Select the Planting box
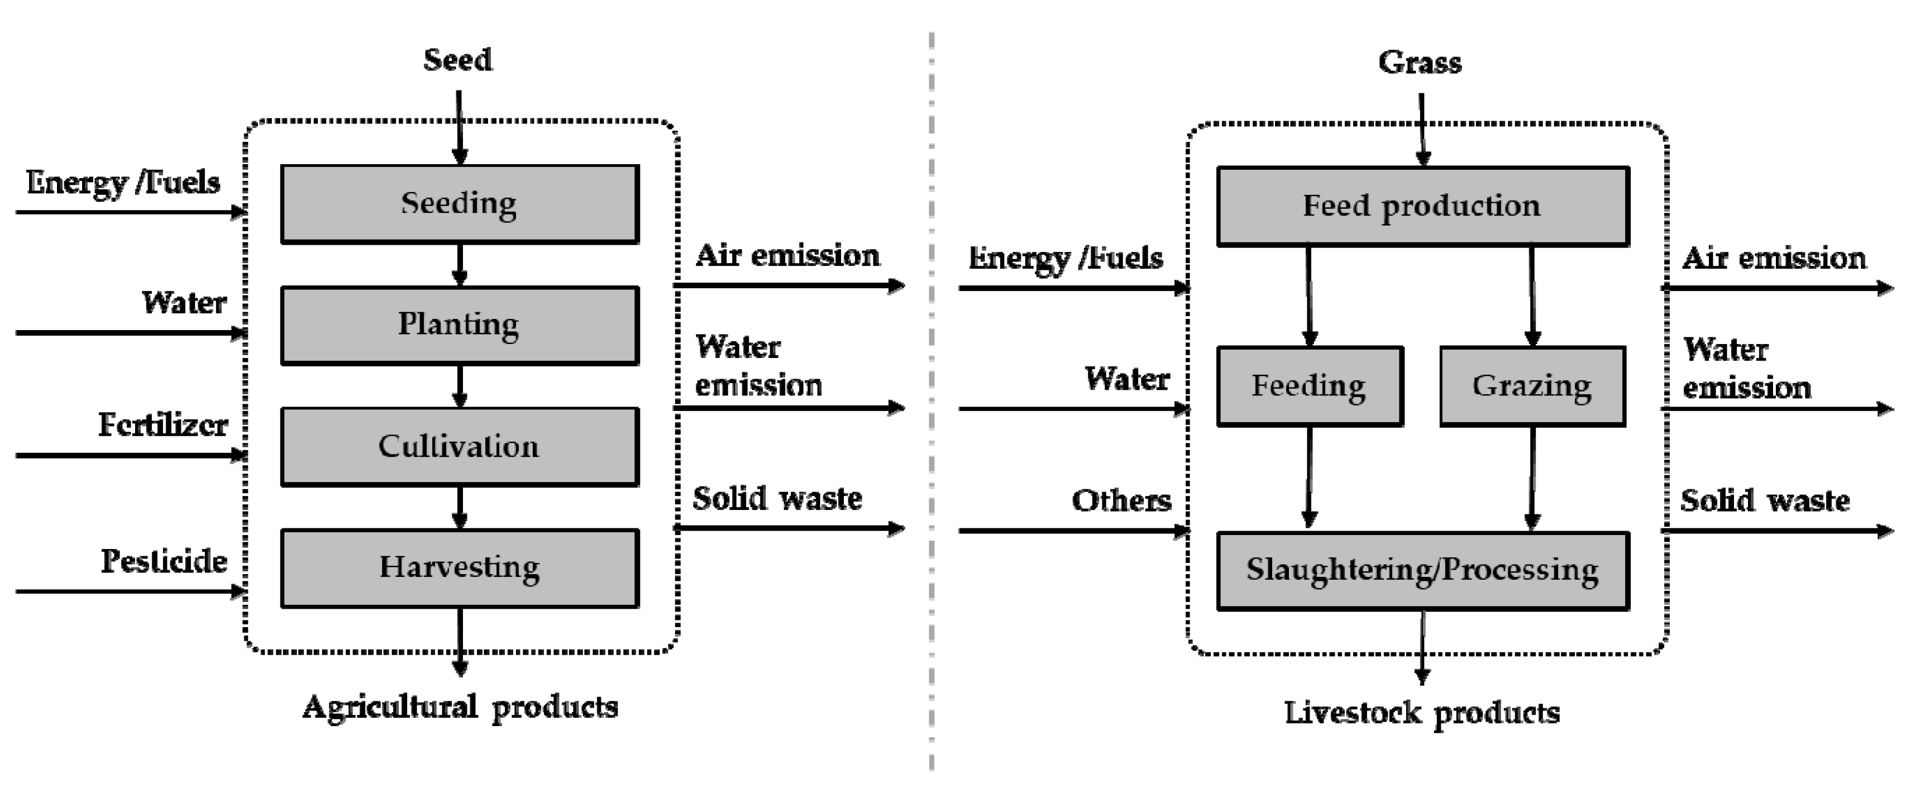pyautogui.click(x=460, y=326)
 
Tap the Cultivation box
pyautogui.click(x=460, y=447)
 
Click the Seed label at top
pyautogui.click(x=457, y=60)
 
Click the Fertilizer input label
pyautogui.click(x=163, y=425)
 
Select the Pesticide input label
pyautogui.click(x=164, y=561)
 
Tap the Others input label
pyautogui.click(x=1121, y=501)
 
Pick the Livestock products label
pyautogui.click(x=1421, y=713)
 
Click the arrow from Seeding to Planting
pyautogui.click(x=460, y=265)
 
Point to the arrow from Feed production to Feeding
pyautogui.click(x=1309, y=296)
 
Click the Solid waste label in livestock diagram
pyautogui.click(x=1765, y=501)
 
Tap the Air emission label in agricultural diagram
pyautogui.click(x=787, y=256)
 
